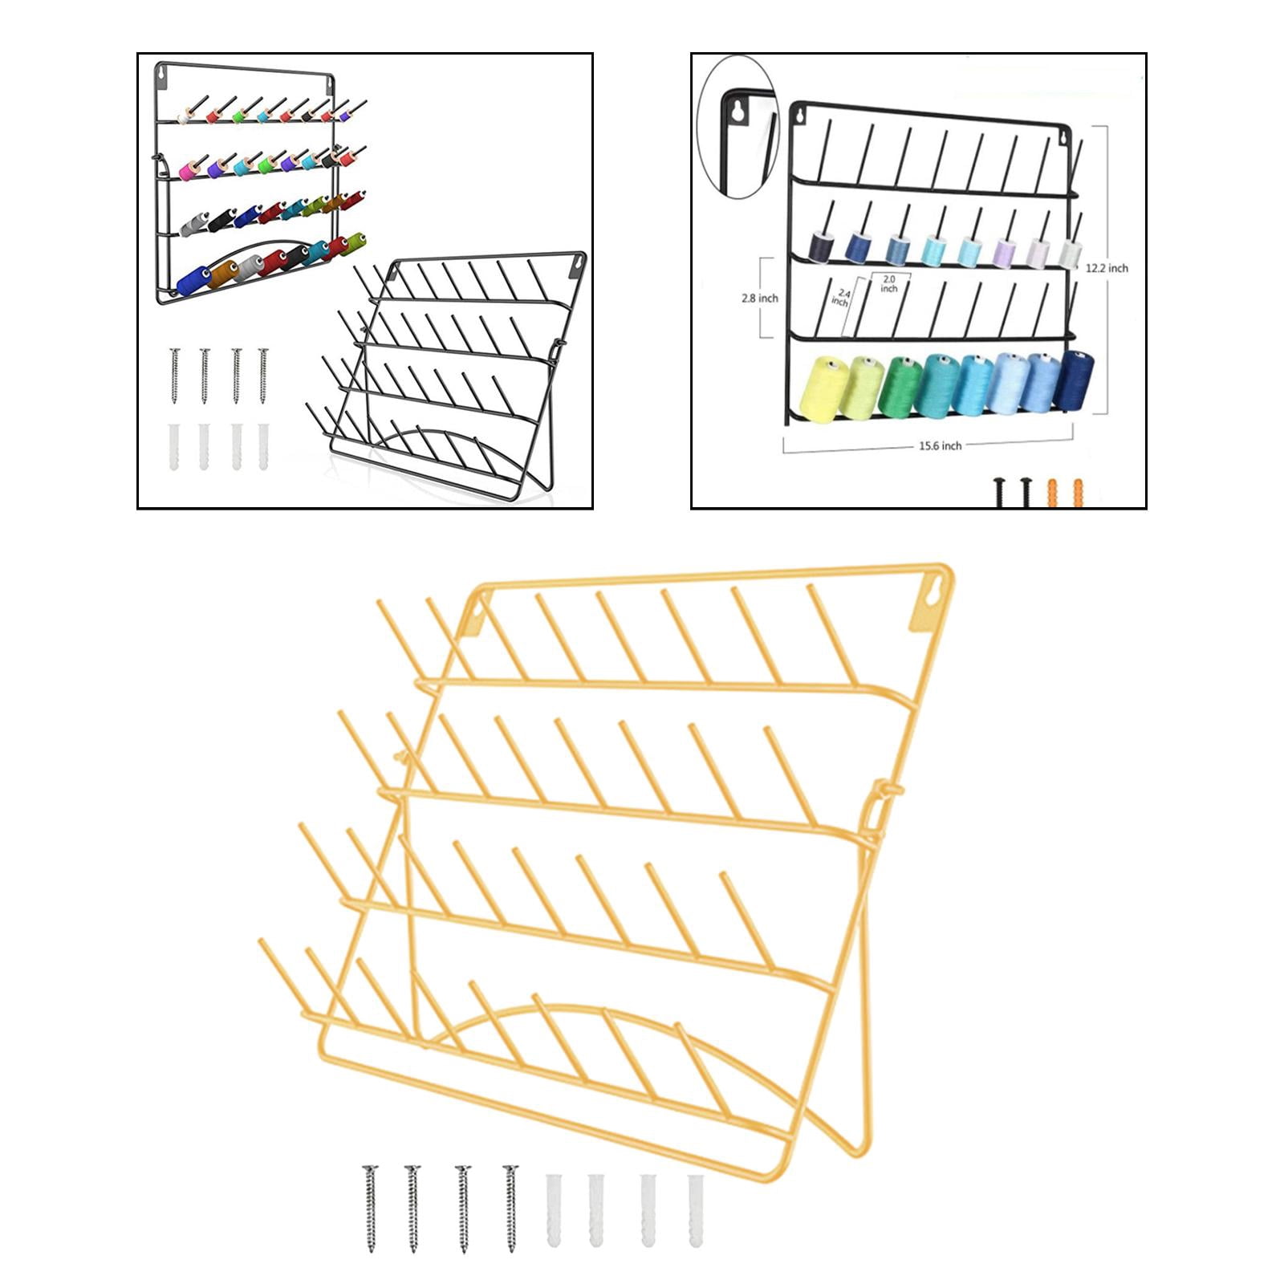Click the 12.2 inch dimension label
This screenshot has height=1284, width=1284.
pos(1107,268)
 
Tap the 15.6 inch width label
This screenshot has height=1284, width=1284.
pos(940,445)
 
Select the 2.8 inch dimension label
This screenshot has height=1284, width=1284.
pos(760,298)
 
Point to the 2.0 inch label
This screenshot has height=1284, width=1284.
pos(888,283)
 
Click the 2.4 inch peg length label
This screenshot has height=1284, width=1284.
pos(840,298)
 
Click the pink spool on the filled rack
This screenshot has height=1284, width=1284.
pos(189,170)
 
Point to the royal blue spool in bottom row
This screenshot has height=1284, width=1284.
pos(193,281)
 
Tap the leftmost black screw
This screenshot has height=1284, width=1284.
pos(1001,492)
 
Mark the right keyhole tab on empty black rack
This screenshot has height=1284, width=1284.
pos(577,266)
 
